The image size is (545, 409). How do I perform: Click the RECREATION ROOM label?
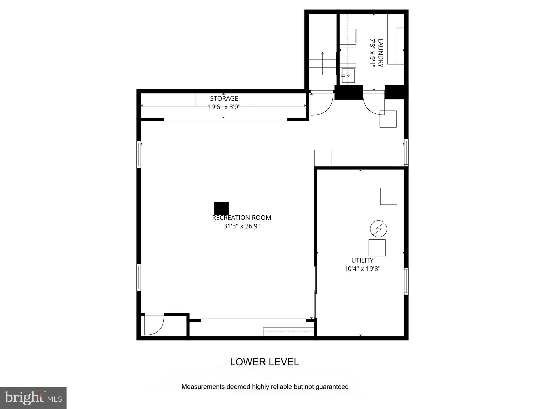[x=241, y=218]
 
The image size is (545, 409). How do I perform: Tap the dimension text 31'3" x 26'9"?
[x=241, y=226]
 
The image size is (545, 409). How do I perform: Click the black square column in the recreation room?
[x=221, y=208]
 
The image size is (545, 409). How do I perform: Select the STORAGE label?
[x=224, y=99]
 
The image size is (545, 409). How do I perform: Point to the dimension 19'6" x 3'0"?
[x=224, y=107]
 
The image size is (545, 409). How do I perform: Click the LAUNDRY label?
[x=381, y=53]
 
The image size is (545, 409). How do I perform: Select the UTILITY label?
[x=362, y=260]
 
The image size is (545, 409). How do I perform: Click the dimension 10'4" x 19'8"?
[x=362, y=269]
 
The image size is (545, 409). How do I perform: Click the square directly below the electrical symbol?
[x=377, y=248]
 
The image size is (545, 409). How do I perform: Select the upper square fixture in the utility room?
[x=389, y=196]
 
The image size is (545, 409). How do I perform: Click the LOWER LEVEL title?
[x=264, y=362]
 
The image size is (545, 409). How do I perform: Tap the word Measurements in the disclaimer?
[x=203, y=387]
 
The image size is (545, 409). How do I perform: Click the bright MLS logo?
[x=33, y=398]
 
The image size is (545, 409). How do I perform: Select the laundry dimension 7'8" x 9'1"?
[x=372, y=53]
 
